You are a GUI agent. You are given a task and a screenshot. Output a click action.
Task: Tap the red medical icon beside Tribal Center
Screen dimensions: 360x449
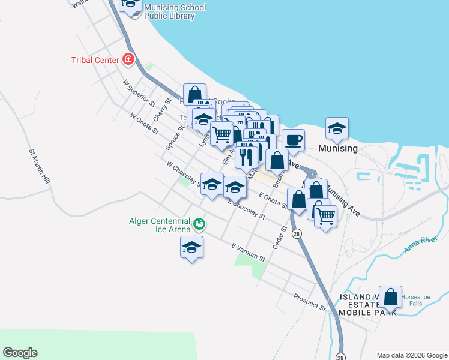(x=128, y=59)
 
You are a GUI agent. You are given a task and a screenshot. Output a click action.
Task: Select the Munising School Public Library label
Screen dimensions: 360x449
(x=175, y=12)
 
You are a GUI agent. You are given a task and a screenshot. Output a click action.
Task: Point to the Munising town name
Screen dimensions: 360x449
(x=339, y=148)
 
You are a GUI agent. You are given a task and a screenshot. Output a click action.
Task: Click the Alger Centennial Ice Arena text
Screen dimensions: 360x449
(x=160, y=224)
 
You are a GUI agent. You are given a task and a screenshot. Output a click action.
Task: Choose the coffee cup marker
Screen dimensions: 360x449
(x=293, y=140)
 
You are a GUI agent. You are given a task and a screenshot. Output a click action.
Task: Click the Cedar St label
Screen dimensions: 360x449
(x=279, y=237)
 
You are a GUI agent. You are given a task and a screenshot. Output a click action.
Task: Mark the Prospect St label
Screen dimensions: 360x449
(x=309, y=302)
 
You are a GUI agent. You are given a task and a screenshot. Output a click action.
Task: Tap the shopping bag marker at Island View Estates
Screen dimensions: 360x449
(x=390, y=296)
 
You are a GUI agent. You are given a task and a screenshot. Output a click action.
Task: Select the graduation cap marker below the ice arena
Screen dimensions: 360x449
(x=191, y=247)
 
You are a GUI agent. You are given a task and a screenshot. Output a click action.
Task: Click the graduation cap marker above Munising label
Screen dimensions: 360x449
(x=337, y=128)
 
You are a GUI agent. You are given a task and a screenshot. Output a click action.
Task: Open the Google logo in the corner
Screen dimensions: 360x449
(x=20, y=353)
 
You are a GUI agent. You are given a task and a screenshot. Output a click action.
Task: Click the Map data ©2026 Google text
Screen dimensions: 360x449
(x=411, y=355)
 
